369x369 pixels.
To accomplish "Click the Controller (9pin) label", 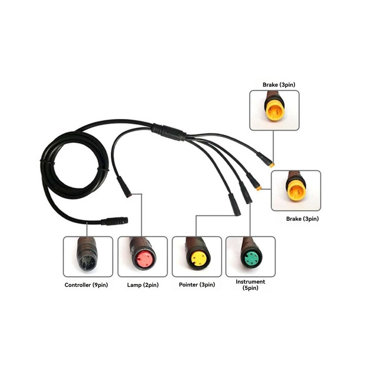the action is (x=86, y=285).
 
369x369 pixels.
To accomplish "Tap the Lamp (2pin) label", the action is (x=143, y=285).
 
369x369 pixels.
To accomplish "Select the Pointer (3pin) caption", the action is (x=197, y=285).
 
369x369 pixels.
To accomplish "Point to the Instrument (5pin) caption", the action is (x=250, y=285).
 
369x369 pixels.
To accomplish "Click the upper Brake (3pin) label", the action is (x=279, y=85).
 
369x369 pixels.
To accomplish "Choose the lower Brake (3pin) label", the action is (x=302, y=219).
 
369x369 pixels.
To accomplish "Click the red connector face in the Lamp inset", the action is (x=144, y=259).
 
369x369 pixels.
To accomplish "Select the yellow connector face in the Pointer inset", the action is (x=198, y=259).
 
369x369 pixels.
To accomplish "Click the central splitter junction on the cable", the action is (x=169, y=132).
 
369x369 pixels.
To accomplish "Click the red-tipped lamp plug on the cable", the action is (x=124, y=187).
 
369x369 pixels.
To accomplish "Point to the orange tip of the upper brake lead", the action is (x=272, y=165).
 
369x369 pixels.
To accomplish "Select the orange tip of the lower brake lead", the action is (x=259, y=188).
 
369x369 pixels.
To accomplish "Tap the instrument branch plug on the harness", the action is (x=246, y=192).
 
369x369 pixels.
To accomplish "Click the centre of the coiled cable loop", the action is (x=75, y=165).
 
